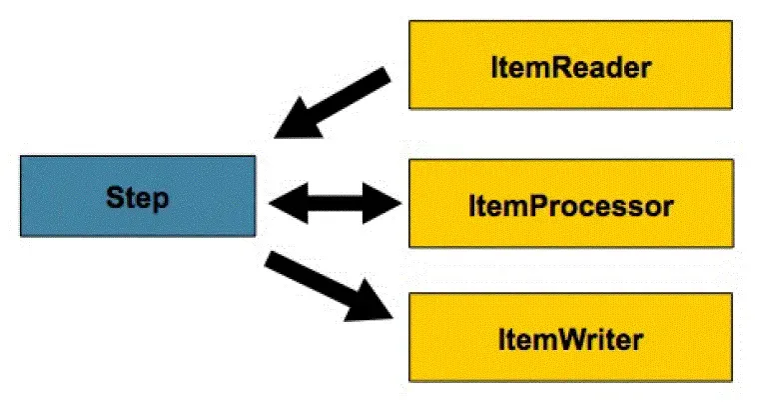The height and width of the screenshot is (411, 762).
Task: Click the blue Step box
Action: point(137,197)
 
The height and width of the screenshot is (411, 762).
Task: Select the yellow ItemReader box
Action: point(571,66)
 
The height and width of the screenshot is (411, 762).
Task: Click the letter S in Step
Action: point(114,197)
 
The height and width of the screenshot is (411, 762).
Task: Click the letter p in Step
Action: point(160,200)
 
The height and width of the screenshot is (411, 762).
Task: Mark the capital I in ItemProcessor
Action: point(472,207)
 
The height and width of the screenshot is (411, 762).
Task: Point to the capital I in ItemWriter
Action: point(500,339)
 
